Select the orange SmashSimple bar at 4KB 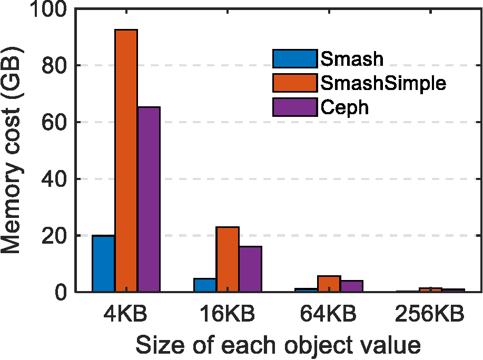point(126,161)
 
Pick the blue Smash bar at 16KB point(205,285)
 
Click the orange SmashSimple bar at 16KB point(228,259)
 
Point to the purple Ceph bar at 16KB point(250,269)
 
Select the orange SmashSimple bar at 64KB point(329,284)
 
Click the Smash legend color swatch point(295,58)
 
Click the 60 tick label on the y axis point(55,122)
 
